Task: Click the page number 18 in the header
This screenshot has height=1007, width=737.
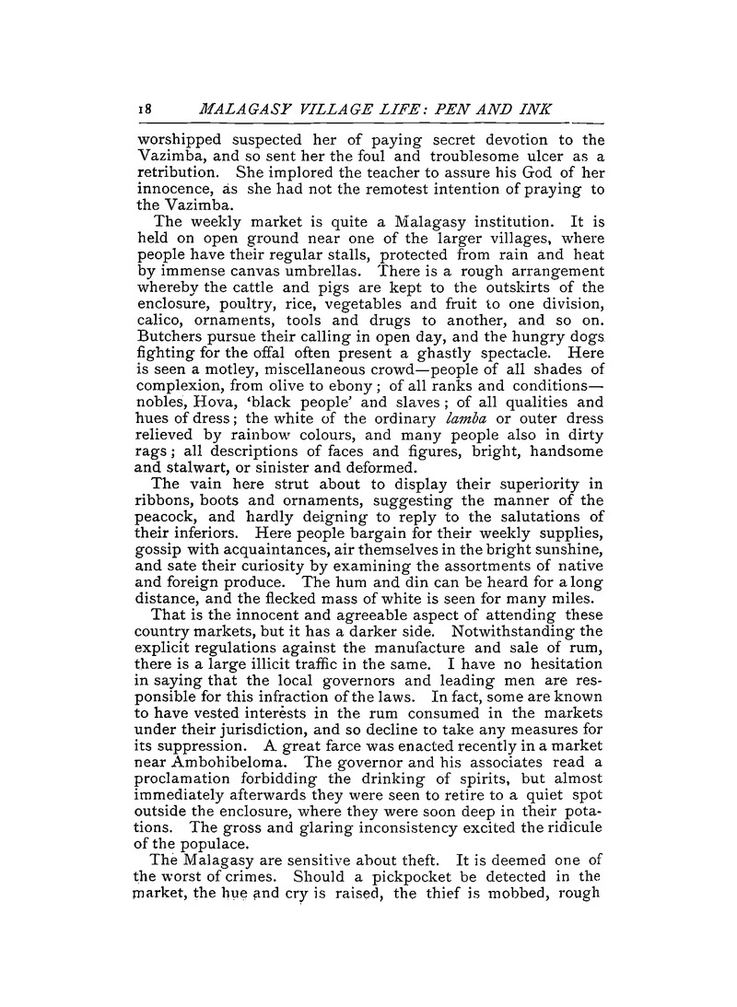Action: [x=144, y=109]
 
